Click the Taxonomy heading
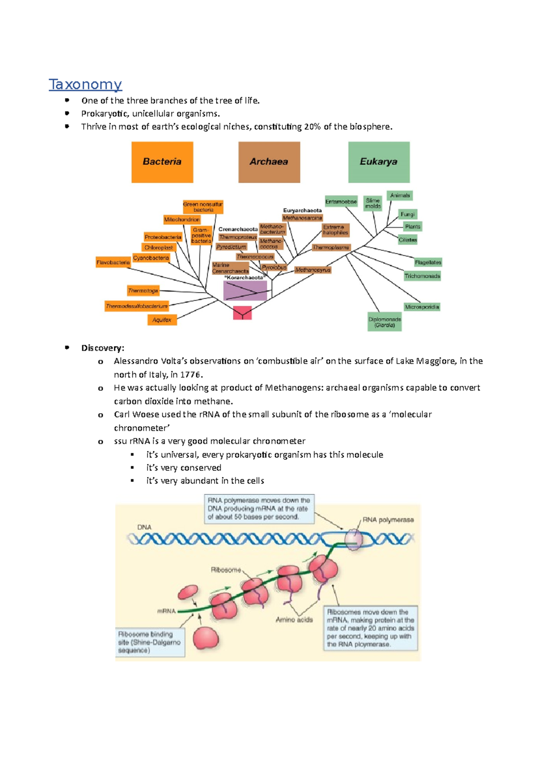[85, 84]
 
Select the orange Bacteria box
[162, 162]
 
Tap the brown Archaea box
[269, 162]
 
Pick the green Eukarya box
[379, 162]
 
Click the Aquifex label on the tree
[162, 320]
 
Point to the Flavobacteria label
[113, 262]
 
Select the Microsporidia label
[422, 307]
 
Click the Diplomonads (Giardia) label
[385, 322]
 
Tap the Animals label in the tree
[400, 195]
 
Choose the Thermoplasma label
[331, 247]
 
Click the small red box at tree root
[242, 313]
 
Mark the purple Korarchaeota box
[245, 291]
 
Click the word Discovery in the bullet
[102, 348]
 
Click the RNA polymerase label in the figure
[388, 520]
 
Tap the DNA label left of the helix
[144, 527]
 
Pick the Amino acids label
[294, 620]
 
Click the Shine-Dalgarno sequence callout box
[150, 642]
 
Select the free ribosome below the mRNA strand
[206, 639]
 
